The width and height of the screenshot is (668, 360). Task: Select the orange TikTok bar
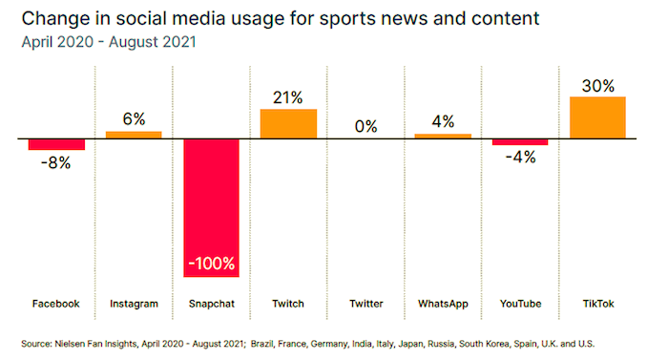pos(597,117)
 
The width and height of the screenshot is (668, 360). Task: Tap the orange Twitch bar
pos(288,123)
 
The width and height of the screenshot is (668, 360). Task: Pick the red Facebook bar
pos(56,144)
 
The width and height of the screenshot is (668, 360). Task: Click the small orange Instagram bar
pos(134,135)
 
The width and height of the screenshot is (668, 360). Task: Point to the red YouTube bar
pos(520,142)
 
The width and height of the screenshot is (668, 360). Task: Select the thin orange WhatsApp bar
pos(443,136)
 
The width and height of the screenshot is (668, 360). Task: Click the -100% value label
pos(211,263)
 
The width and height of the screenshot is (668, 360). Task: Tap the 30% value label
pos(597,85)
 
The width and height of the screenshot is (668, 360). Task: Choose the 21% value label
pos(288,97)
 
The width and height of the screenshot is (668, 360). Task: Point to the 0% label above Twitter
pos(365,126)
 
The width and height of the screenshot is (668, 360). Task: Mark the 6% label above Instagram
pos(134,118)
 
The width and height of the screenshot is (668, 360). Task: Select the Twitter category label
pos(365,304)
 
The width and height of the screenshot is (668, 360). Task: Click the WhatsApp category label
pos(443,304)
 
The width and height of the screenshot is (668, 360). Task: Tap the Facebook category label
pos(56,304)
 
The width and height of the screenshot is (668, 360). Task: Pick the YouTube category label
pos(520,304)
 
